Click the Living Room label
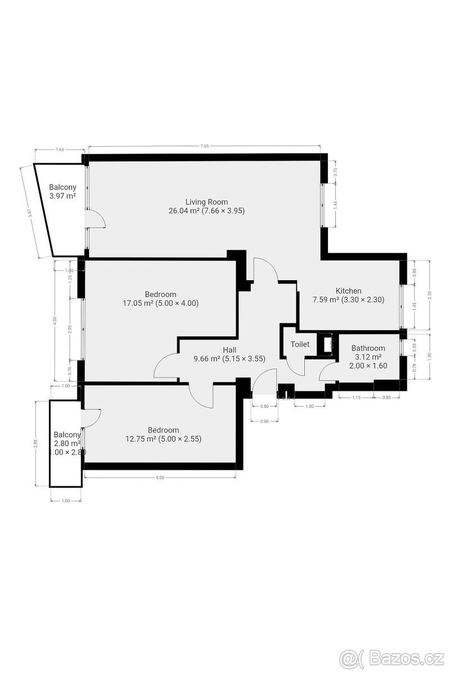pyautogui.click(x=207, y=202)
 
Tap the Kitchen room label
pyautogui.click(x=348, y=291)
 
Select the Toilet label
pyautogui.click(x=300, y=344)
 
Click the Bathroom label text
pyautogui.click(x=369, y=349)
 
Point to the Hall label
pyautogui.click(x=229, y=349)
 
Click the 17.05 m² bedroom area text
pyautogui.click(x=160, y=303)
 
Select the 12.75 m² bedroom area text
pyautogui.click(x=163, y=439)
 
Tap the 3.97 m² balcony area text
pyautogui.click(x=62, y=196)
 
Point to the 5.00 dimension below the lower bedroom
pyautogui.click(x=160, y=478)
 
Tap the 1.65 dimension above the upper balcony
pyautogui.click(x=60, y=150)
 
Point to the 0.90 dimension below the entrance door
pyautogui.click(x=264, y=421)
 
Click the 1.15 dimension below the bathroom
pyautogui.click(x=357, y=398)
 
